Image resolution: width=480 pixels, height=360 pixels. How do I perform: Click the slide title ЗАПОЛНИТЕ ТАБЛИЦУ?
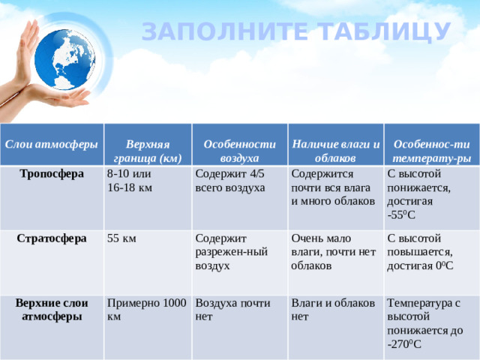coord(296,31)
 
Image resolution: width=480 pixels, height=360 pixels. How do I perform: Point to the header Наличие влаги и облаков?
coord(335,151)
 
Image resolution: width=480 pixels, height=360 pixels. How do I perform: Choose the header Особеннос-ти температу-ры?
coord(432,151)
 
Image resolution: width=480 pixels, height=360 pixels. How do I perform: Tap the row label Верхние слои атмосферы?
coord(52,310)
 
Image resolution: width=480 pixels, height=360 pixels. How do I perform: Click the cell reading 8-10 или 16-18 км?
coord(135,181)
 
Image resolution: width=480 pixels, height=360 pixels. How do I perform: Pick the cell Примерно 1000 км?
coord(146,310)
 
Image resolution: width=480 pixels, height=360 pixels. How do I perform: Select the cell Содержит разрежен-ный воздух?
coord(231,252)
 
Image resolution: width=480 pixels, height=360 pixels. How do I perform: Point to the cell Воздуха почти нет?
coord(232,310)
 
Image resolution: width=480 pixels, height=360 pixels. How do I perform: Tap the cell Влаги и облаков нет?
coord(333,310)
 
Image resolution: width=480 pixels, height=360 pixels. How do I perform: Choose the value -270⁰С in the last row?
coord(405,344)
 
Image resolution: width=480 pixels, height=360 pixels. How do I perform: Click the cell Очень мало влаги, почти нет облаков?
coord(333,252)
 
